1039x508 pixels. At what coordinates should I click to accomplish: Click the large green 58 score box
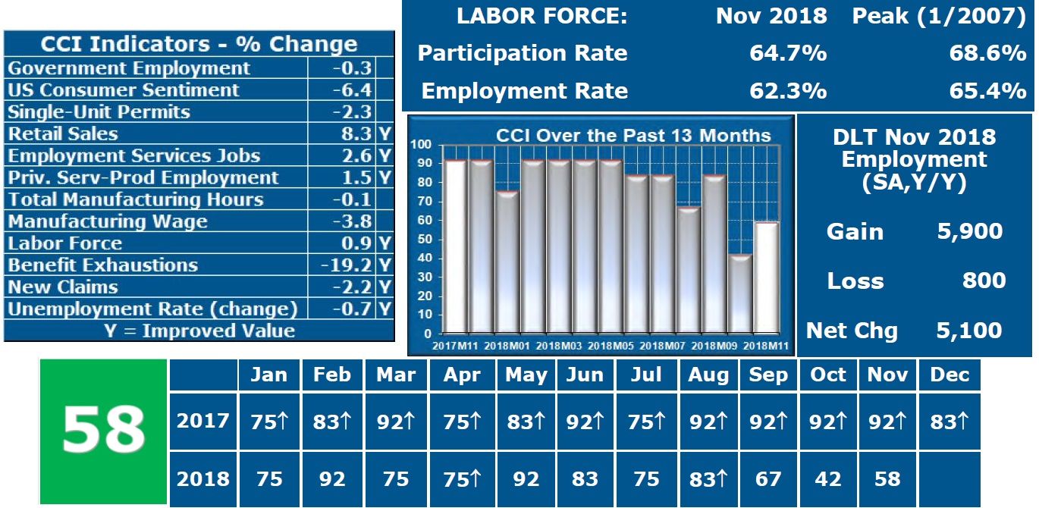pyautogui.click(x=103, y=431)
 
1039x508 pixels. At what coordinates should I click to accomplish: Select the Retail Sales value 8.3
pyautogui.click(x=353, y=134)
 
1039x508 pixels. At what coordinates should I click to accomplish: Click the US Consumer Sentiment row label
pyautogui.click(x=124, y=90)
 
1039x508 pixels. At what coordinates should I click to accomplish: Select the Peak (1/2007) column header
pyautogui.click(x=939, y=17)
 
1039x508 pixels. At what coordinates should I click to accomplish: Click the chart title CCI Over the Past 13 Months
pyautogui.click(x=633, y=136)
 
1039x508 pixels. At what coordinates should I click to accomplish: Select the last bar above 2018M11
pyautogui.click(x=767, y=278)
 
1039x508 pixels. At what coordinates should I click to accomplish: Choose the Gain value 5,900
pyautogui.click(x=970, y=231)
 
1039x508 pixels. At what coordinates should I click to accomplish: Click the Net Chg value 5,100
pyautogui.click(x=969, y=331)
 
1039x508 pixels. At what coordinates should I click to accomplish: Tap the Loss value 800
pyautogui.click(x=984, y=281)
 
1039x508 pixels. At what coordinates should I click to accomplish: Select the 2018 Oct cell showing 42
pyautogui.click(x=828, y=479)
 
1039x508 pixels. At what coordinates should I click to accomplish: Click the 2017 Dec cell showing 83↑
pyautogui.click(x=950, y=422)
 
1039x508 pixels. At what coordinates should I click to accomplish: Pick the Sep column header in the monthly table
pyautogui.click(x=768, y=375)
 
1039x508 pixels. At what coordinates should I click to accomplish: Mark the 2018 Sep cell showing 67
pyautogui.click(x=768, y=479)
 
